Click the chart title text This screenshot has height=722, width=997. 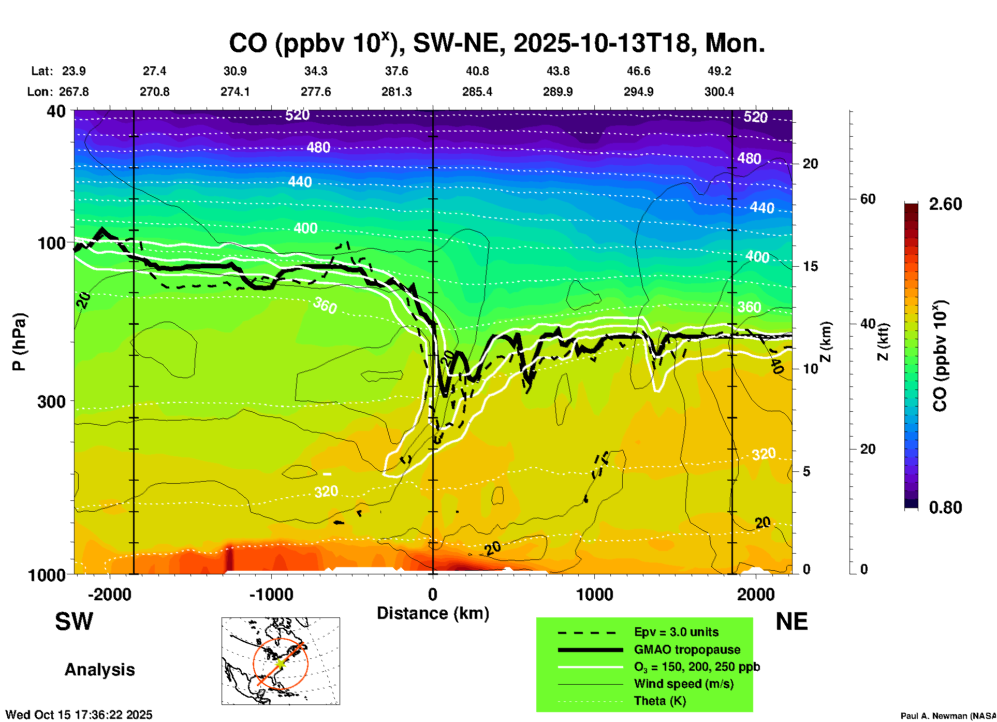(497, 43)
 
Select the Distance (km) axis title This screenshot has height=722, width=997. (433, 613)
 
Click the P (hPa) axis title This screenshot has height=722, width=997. (19, 342)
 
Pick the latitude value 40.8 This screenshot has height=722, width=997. (477, 71)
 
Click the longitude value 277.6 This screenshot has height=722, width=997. (316, 92)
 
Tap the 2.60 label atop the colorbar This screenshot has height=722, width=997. (945, 204)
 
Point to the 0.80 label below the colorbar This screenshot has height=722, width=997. (945, 508)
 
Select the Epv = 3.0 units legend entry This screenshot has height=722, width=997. (676, 632)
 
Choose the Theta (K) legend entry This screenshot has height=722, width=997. (659, 701)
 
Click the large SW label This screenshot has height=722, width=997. (74, 622)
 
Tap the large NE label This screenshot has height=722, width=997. (791, 622)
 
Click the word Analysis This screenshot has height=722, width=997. (99, 670)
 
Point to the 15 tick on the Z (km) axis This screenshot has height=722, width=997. (810, 266)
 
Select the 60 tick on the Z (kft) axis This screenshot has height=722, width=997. (868, 199)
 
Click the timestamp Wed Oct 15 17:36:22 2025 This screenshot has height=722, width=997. (79, 715)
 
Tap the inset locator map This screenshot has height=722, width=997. (281, 661)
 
